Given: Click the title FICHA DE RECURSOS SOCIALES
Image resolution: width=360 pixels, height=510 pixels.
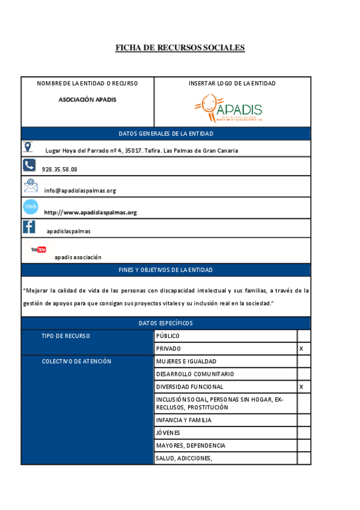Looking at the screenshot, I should click(x=180, y=48).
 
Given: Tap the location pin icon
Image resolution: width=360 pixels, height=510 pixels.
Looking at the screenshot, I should click(x=28, y=147).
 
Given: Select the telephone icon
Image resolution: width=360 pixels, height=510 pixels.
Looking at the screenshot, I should click(x=29, y=165).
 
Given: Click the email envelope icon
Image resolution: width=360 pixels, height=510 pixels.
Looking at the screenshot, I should click(x=30, y=185).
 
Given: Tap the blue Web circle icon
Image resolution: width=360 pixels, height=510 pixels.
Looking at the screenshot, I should click(x=30, y=207).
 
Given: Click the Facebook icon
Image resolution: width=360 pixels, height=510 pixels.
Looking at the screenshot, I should click(x=29, y=227).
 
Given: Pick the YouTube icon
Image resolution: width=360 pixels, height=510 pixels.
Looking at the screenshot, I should click(x=38, y=249).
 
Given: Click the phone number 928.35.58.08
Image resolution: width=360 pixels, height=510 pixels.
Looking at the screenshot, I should click(x=59, y=170).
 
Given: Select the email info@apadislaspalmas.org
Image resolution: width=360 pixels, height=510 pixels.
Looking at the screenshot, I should click(x=80, y=191).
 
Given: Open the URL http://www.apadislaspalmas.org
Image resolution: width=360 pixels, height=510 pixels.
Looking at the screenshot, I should click(x=91, y=212).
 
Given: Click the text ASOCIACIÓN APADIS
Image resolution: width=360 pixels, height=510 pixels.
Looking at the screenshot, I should click(x=87, y=99).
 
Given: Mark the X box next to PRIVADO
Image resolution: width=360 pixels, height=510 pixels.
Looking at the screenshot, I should click(x=304, y=349).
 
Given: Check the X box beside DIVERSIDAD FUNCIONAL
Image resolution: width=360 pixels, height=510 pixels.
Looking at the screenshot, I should click(x=304, y=387).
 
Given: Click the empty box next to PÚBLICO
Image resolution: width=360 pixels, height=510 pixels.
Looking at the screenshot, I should click(x=304, y=336).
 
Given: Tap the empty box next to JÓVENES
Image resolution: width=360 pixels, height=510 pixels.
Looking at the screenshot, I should click(x=304, y=432).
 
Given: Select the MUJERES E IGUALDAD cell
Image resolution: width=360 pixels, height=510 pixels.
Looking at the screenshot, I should click(x=186, y=361).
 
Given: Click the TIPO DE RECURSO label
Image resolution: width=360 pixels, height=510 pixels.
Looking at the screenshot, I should click(x=66, y=336).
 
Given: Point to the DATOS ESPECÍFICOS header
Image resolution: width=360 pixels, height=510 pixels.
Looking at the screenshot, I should click(x=165, y=323).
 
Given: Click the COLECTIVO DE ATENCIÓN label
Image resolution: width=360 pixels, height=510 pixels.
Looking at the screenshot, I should click(x=76, y=361).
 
